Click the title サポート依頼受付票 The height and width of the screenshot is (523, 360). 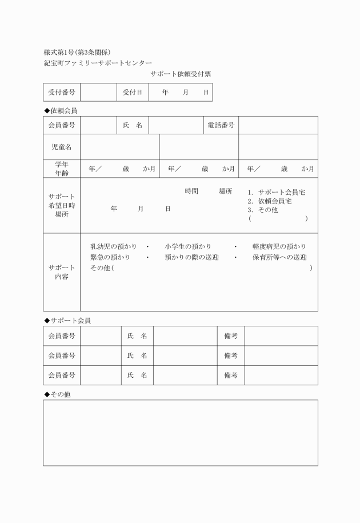(181, 74)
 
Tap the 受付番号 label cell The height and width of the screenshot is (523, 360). (62, 92)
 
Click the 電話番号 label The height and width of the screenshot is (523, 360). (221, 125)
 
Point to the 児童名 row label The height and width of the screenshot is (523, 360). (62, 147)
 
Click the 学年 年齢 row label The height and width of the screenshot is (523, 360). (62, 169)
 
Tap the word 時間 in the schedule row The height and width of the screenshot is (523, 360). (191, 191)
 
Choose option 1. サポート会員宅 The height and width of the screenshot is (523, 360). (277, 193)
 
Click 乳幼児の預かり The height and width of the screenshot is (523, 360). (113, 246)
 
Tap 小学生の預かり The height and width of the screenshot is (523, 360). (188, 246)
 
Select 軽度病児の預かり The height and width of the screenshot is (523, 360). (279, 246)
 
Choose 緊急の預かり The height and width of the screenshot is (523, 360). (110, 257)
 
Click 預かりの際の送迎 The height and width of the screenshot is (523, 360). (191, 257)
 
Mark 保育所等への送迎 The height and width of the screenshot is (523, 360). (279, 257)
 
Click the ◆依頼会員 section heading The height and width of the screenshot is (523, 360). (61, 110)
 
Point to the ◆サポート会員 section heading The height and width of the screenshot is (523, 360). (67, 320)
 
